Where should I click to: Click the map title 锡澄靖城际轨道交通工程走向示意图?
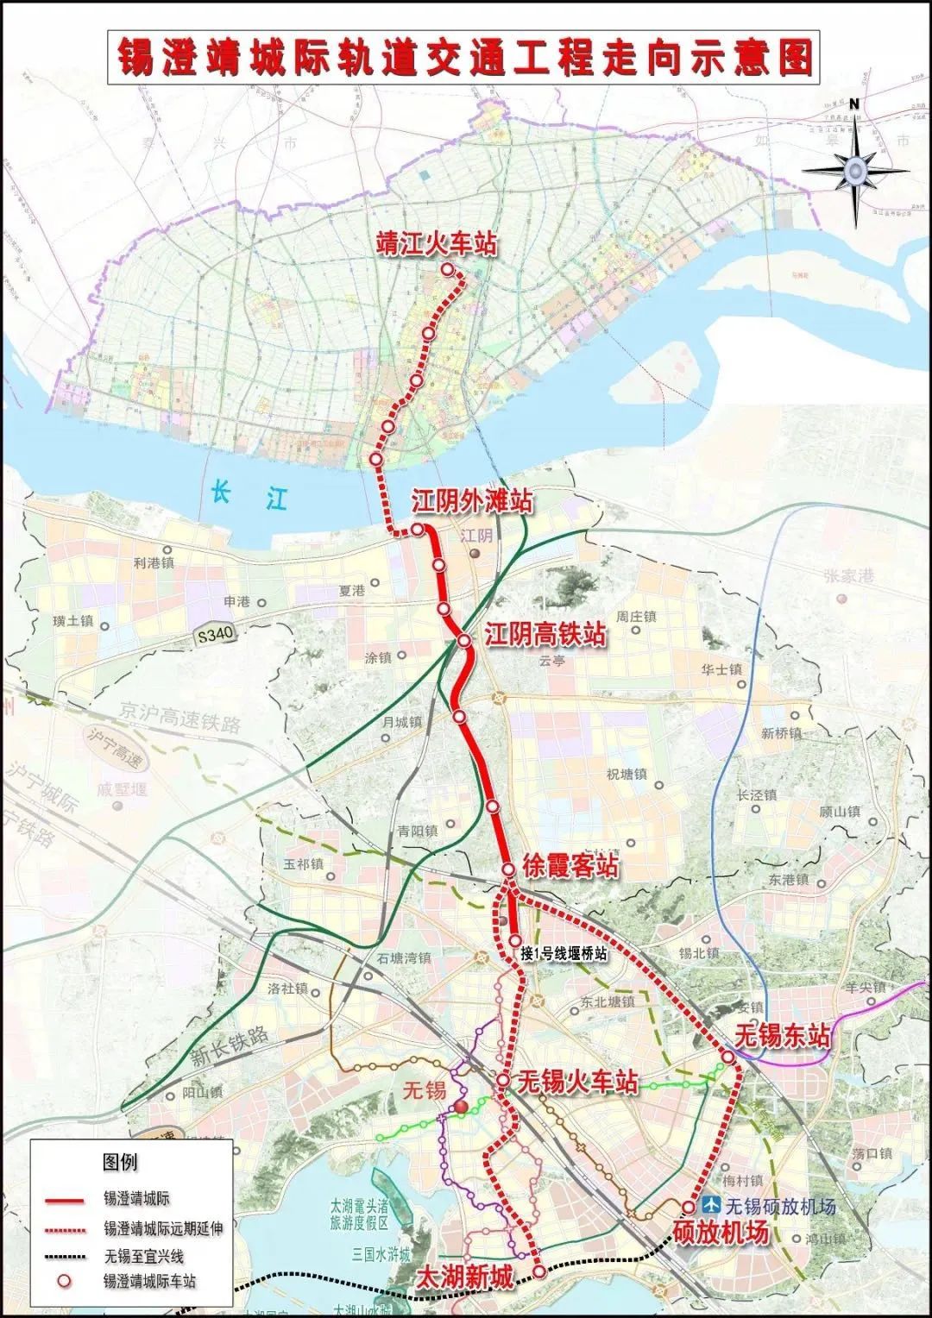[x=465, y=59]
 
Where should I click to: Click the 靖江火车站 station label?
[x=438, y=244]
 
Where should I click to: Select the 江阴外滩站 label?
[x=471, y=502]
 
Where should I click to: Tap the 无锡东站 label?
[x=784, y=1035]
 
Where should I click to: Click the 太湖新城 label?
[x=464, y=1277]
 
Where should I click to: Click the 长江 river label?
[x=250, y=496]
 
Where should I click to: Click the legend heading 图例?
[x=120, y=1162]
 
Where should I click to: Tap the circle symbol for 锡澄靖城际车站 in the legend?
[x=66, y=1282]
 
